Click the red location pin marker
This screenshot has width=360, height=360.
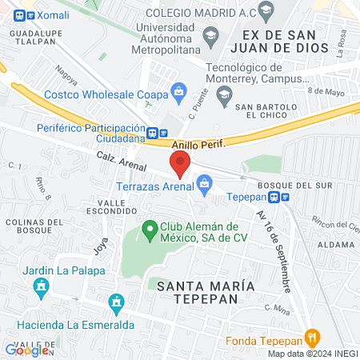(x=181, y=165)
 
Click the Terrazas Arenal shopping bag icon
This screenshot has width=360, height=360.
(x=205, y=186)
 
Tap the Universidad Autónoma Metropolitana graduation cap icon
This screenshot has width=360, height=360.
(x=210, y=35)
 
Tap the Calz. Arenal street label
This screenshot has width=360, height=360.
(x=121, y=162)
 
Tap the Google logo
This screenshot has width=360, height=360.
(x=27, y=350)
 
